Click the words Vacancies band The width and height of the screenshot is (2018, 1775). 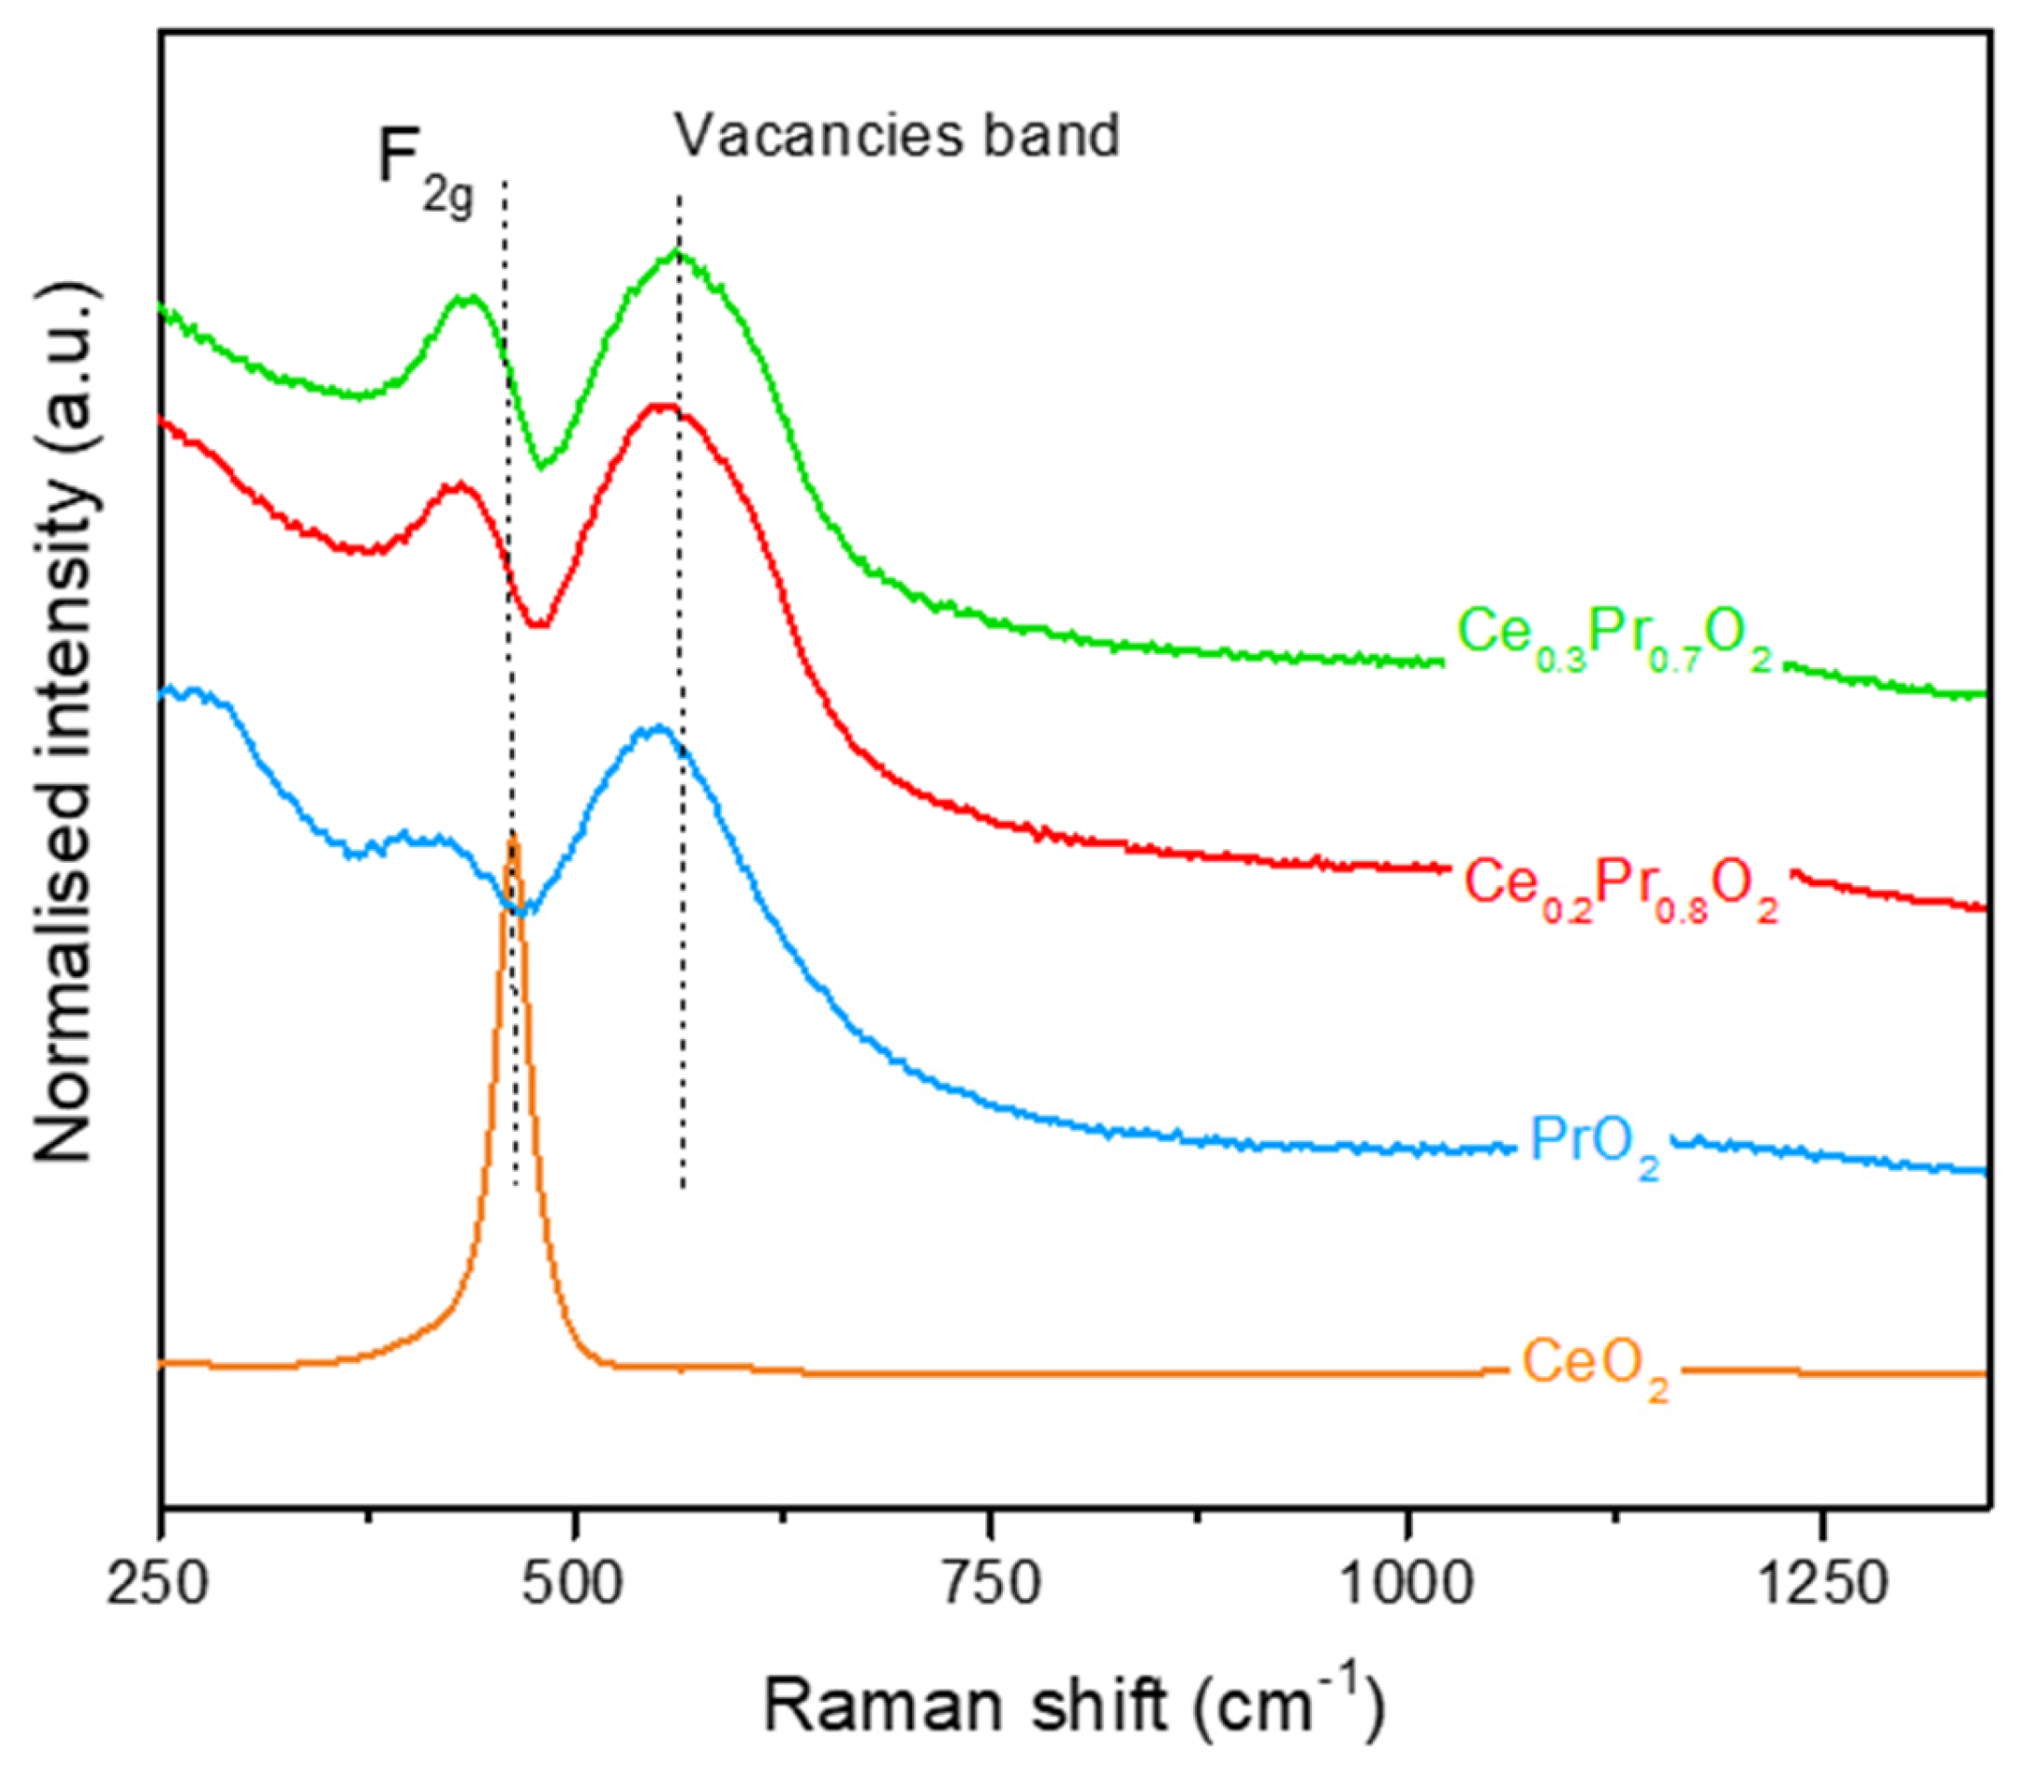(x=896, y=135)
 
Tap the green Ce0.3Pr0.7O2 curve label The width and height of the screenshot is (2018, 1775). (x=1614, y=635)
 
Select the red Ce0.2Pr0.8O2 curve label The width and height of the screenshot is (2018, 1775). (x=1620, y=885)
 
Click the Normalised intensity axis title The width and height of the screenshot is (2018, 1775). (x=67, y=721)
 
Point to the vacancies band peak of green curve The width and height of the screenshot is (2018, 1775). (x=676, y=252)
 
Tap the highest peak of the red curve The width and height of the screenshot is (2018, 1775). (x=660, y=405)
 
